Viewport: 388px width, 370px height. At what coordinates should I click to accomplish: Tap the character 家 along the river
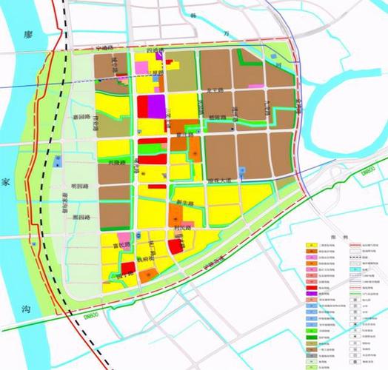pyautogui.click(x=6, y=181)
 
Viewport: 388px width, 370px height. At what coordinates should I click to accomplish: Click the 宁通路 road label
pyautogui.click(x=105, y=48)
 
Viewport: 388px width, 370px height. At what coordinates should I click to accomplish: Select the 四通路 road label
pyautogui.click(x=155, y=50)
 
